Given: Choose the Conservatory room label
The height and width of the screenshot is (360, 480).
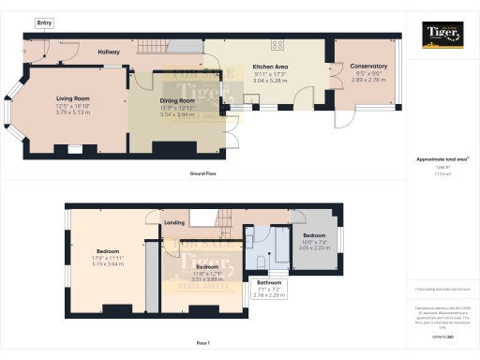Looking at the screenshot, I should coord(367,66).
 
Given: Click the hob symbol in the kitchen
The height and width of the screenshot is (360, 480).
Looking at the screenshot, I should coord(278,44).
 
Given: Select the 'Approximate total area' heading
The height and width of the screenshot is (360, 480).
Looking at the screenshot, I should coord(442,159).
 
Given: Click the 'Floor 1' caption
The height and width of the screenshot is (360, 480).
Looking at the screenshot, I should coord(203,344).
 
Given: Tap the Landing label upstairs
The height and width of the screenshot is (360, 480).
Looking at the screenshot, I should coord(174,223).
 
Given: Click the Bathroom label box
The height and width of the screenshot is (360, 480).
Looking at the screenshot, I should coord(269,282).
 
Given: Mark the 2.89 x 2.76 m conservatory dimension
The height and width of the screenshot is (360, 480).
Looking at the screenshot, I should coord(367,82).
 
